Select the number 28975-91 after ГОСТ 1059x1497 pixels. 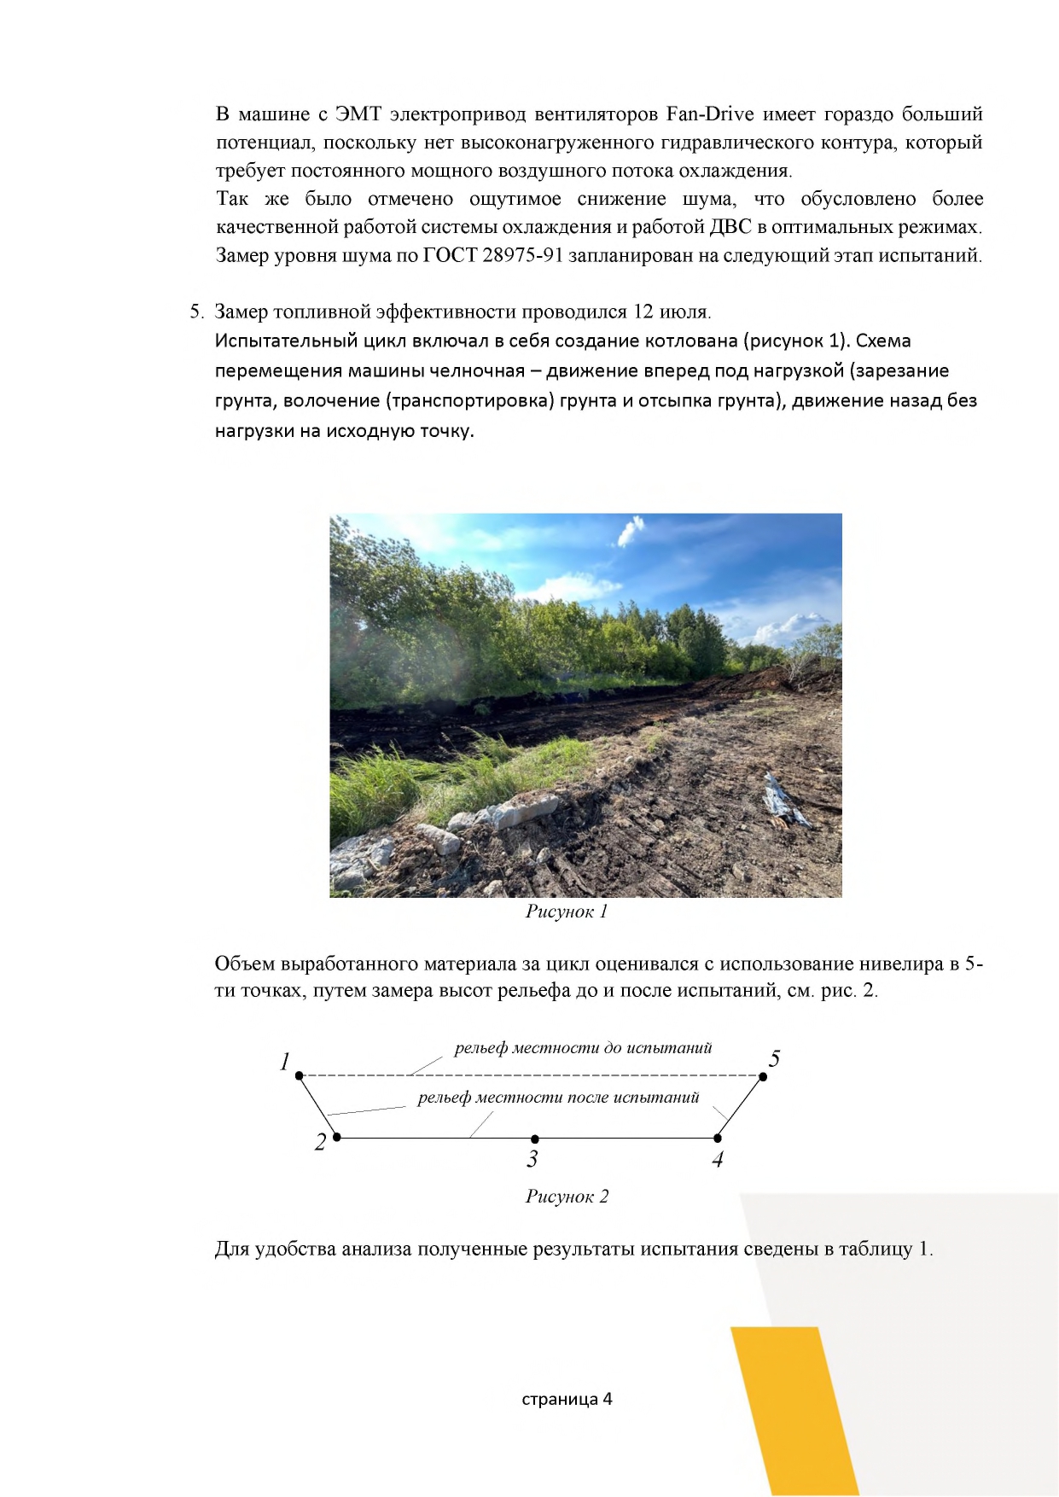tap(521, 255)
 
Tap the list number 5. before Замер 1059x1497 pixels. tap(196, 312)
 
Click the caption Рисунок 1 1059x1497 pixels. tap(567, 912)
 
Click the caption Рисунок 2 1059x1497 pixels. tap(567, 1197)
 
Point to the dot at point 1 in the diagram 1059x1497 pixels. tap(299, 1075)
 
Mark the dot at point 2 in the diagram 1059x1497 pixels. tap(337, 1137)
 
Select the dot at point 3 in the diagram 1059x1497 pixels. tap(535, 1139)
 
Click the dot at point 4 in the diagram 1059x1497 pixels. tap(718, 1138)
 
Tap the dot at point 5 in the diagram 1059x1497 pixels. tap(763, 1076)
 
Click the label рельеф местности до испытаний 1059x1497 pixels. tap(583, 1048)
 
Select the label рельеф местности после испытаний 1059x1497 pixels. tap(558, 1098)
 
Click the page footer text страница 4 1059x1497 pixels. tap(567, 1399)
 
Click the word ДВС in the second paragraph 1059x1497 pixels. tap(730, 227)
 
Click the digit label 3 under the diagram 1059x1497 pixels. tap(532, 1159)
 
